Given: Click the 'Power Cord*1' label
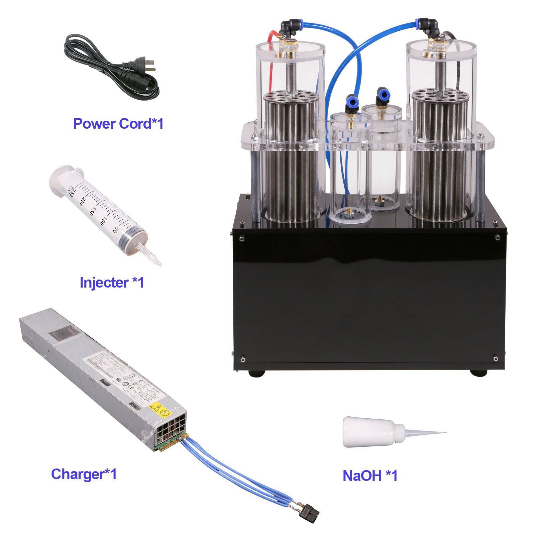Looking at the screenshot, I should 118,123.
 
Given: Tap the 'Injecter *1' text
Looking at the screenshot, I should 112,282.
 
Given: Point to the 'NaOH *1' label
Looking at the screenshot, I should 370,475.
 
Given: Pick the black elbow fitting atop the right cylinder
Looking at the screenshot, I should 430,26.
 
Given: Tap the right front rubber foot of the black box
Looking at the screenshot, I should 478,372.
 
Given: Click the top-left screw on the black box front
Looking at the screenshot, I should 241,238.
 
